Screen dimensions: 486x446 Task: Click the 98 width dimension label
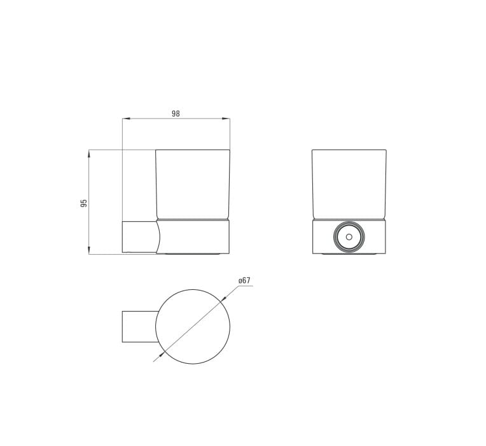[176, 113]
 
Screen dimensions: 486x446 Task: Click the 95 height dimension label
[84, 203]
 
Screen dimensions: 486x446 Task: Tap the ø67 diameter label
[244, 280]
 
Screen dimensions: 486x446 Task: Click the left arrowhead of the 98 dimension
[125, 119]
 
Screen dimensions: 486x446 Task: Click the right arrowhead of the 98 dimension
[226, 119]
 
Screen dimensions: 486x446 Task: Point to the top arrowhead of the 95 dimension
[89, 154]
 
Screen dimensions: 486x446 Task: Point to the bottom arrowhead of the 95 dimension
[89, 251]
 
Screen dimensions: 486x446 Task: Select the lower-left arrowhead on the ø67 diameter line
[160, 355]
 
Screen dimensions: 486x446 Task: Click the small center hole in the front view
[349, 237]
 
